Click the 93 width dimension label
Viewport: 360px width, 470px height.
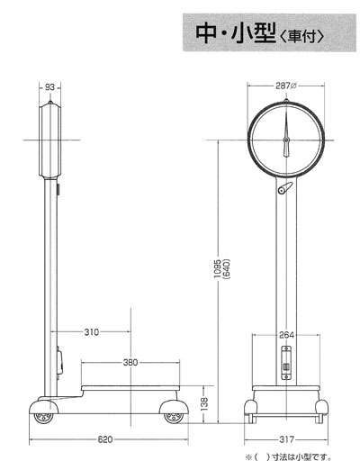pyautogui.click(x=49, y=87)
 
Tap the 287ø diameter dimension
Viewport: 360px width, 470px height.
pyautogui.click(x=286, y=86)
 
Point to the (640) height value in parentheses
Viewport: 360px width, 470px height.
pyautogui.click(x=227, y=269)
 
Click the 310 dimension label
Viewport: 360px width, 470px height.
pyautogui.click(x=91, y=332)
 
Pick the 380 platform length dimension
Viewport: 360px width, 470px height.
pyautogui.click(x=130, y=362)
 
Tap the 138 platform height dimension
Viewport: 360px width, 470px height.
pyautogui.click(x=204, y=404)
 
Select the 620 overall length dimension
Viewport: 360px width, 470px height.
pyautogui.click(x=105, y=439)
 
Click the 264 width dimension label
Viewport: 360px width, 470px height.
pyautogui.click(x=286, y=335)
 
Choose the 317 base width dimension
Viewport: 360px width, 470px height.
pyautogui.click(x=286, y=439)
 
